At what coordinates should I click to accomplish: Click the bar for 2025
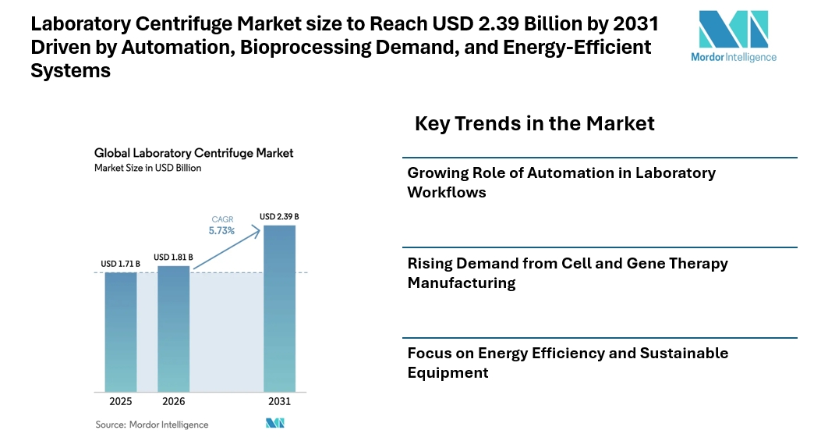[x=121, y=331]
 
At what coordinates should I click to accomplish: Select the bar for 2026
[x=173, y=328]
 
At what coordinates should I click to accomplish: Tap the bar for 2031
[x=279, y=308]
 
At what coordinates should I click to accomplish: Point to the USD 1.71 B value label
[x=120, y=264]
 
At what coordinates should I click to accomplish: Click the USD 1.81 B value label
[x=173, y=257]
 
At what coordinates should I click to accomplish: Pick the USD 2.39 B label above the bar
[x=279, y=216]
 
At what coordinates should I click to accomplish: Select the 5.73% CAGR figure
[x=222, y=231]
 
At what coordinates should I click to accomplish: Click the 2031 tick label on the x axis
[x=279, y=402]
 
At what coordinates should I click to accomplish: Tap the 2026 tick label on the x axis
[x=173, y=402]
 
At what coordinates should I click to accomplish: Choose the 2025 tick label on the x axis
[x=121, y=402]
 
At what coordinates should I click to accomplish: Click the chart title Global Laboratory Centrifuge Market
[x=193, y=153]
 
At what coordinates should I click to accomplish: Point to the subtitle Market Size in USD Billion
[x=147, y=168]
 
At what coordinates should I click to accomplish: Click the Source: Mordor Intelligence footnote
[x=152, y=425]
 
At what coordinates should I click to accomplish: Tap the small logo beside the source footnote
[x=275, y=424]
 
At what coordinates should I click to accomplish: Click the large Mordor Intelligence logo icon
[x=734, y=29]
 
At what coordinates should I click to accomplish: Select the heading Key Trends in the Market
[x=534, y=123]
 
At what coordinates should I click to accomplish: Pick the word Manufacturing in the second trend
[x=462, y=283]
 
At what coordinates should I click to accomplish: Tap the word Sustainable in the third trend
[x=684, y=353]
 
